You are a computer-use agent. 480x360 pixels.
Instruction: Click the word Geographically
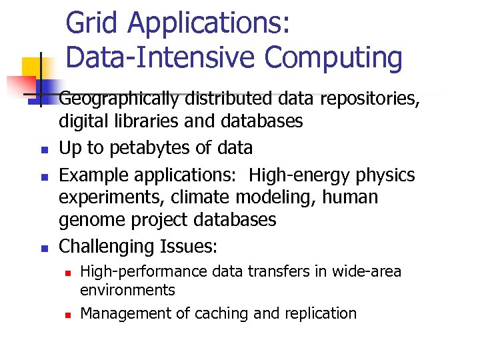118,100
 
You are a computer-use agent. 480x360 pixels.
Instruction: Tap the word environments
127,290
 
